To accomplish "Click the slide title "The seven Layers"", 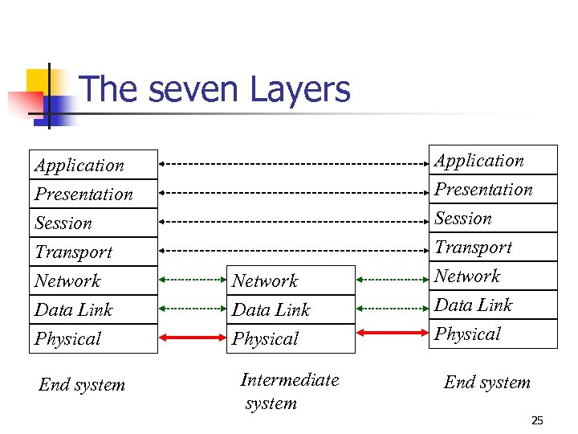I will [x=215, y=89].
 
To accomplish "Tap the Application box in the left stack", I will [x=93, y=166].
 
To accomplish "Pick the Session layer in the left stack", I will [x=93, y=223].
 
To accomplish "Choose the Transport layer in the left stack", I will [x=93, y=252].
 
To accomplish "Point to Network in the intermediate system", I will [x=291, y=280].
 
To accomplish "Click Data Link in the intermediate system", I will [x=291, y=309].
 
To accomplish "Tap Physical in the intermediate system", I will [x=291, y=338].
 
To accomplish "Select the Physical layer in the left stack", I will [x=93, y=338].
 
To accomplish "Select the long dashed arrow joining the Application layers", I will [x=294, y=164].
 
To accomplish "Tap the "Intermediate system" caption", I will [x=289, y=391].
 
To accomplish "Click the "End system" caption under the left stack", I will [x=82, y=385].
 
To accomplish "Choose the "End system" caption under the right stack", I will [x=487, y=383].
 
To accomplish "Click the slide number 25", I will [x=537, y=420].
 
